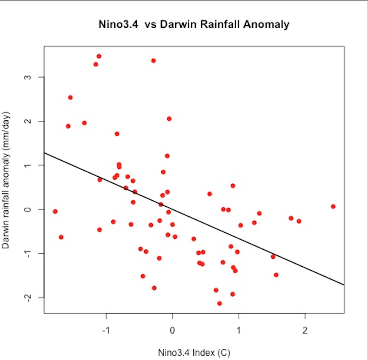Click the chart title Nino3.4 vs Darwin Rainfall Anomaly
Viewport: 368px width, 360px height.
point(194,25)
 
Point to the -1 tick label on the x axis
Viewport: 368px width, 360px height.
point(106,330)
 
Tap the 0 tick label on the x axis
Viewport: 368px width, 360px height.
point(172,330)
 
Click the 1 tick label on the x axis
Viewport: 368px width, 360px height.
point(239,330)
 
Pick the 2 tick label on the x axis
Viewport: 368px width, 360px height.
point(305,330)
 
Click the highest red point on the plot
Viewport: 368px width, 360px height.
point(99,56)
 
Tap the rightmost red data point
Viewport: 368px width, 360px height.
point(333,206)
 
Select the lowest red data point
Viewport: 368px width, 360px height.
point(220,303)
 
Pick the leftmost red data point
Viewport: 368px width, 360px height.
point(55,211)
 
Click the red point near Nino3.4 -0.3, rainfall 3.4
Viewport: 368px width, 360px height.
point(153,61)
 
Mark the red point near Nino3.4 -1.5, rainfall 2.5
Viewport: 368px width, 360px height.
point(70,97)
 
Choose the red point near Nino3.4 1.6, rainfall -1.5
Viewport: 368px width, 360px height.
point(276,275)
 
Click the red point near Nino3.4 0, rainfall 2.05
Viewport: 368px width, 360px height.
point(169,119)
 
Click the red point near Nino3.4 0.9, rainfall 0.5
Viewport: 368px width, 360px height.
point(233,186)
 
